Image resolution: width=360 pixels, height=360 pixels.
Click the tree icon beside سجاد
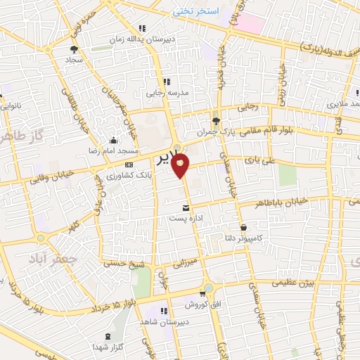[75, 49]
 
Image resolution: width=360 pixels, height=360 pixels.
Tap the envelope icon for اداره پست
[186, 208]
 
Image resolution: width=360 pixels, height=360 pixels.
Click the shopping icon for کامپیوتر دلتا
[243, 227]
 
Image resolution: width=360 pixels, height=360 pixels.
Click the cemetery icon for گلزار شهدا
[107, 335]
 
